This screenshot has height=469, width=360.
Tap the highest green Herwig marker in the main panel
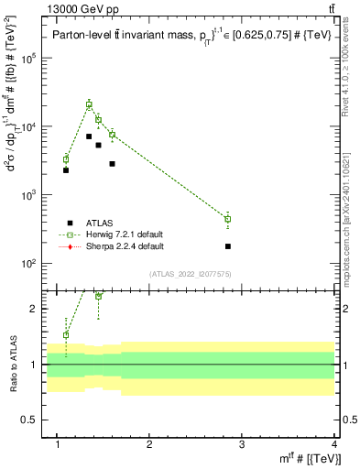tap(89, 104)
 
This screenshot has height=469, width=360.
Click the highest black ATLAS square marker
tap(89, 136)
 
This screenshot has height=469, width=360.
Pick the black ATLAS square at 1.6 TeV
tap(112, 164)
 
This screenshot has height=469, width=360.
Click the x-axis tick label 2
tap(150, 446)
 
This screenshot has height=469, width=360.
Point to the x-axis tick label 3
tap(242, 446)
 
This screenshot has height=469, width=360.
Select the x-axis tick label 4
tap(333, 446)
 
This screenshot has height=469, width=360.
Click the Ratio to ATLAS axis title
tap(12, 365)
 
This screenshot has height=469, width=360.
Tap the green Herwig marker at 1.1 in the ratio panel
tap(66, 334)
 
